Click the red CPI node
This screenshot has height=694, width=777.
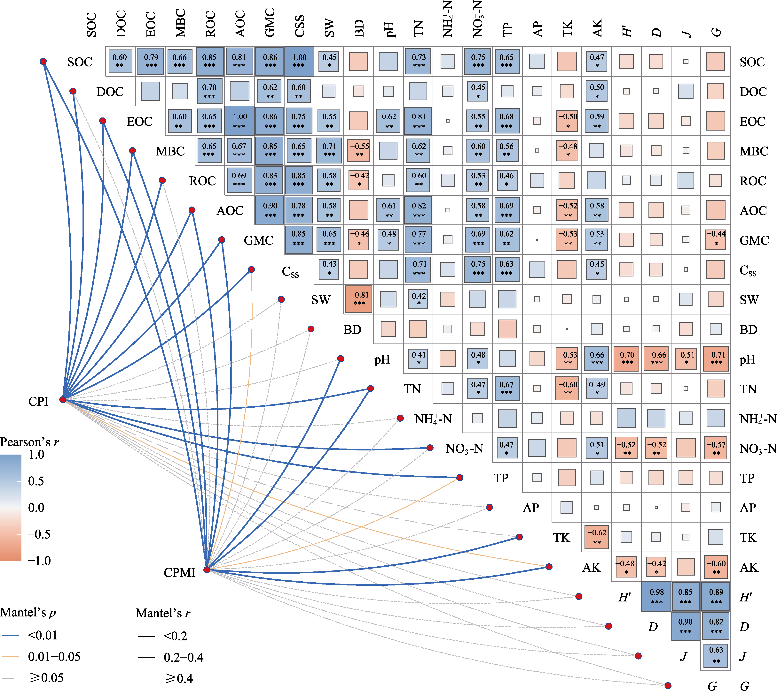[63, 400]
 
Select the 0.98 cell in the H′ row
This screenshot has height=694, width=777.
[656, 596]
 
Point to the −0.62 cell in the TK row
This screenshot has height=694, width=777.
[596, 537]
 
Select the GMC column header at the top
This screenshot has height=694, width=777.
[270, 23]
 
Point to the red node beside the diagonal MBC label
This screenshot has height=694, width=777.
[132, 151]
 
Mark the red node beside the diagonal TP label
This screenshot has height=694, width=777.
[460, 477]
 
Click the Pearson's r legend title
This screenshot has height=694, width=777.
[29, 442]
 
